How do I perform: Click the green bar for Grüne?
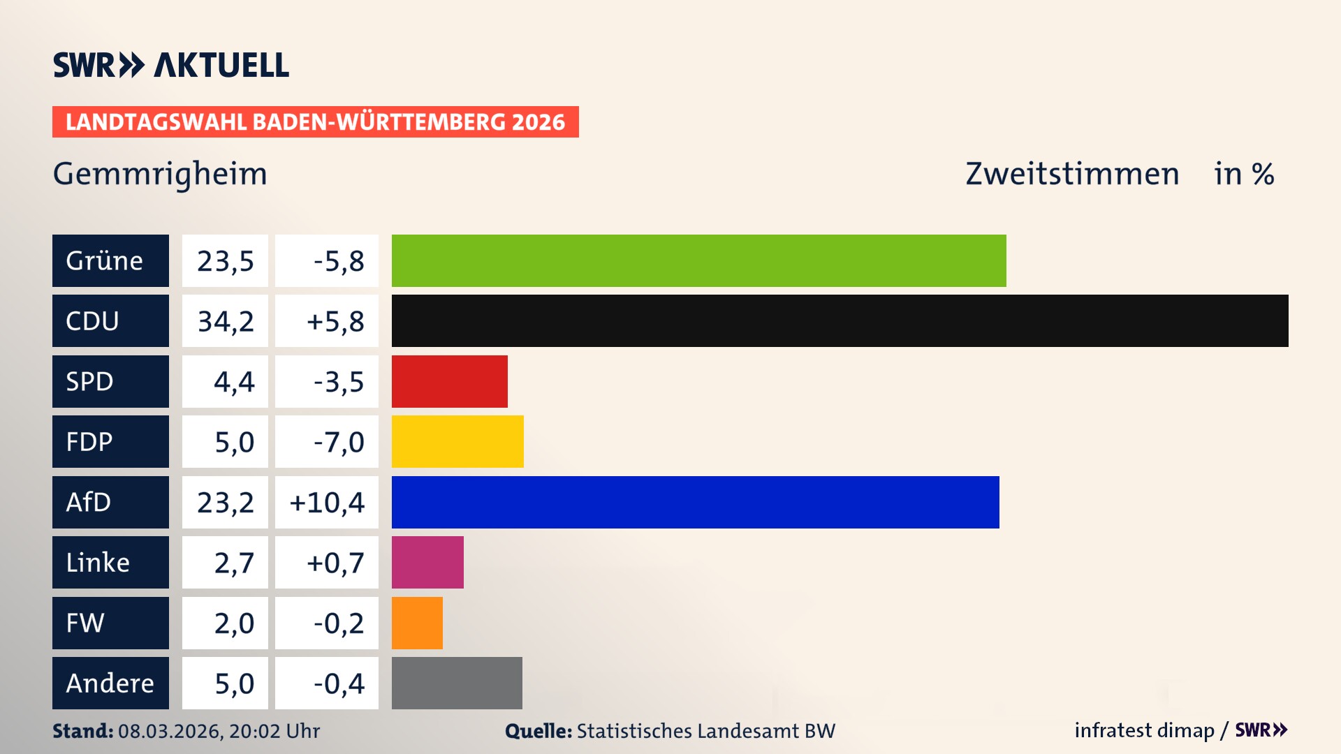pos(698,260)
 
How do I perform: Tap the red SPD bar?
pos(449,381)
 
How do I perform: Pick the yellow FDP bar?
pos(457,441)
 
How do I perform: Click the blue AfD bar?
pos(695,502)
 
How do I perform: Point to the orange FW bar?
pos(417,623)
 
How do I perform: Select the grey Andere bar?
pos(457,683)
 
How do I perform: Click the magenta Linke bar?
pos(427,562)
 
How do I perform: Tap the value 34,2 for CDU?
pos(225,321)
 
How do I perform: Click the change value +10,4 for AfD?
pos(327,503)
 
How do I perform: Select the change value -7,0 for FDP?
pos(339,442)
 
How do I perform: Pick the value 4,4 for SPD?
pos(234,382)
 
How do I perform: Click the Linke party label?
pos(98,563)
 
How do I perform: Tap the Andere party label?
pos(110,683)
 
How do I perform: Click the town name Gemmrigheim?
pos(160,174)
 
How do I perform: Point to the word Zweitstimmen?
pos(1072,174)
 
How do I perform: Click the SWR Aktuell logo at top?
pos(171,65)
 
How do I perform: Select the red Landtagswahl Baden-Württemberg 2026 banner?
pos(315,122)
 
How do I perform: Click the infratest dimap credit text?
pos(1144,730)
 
